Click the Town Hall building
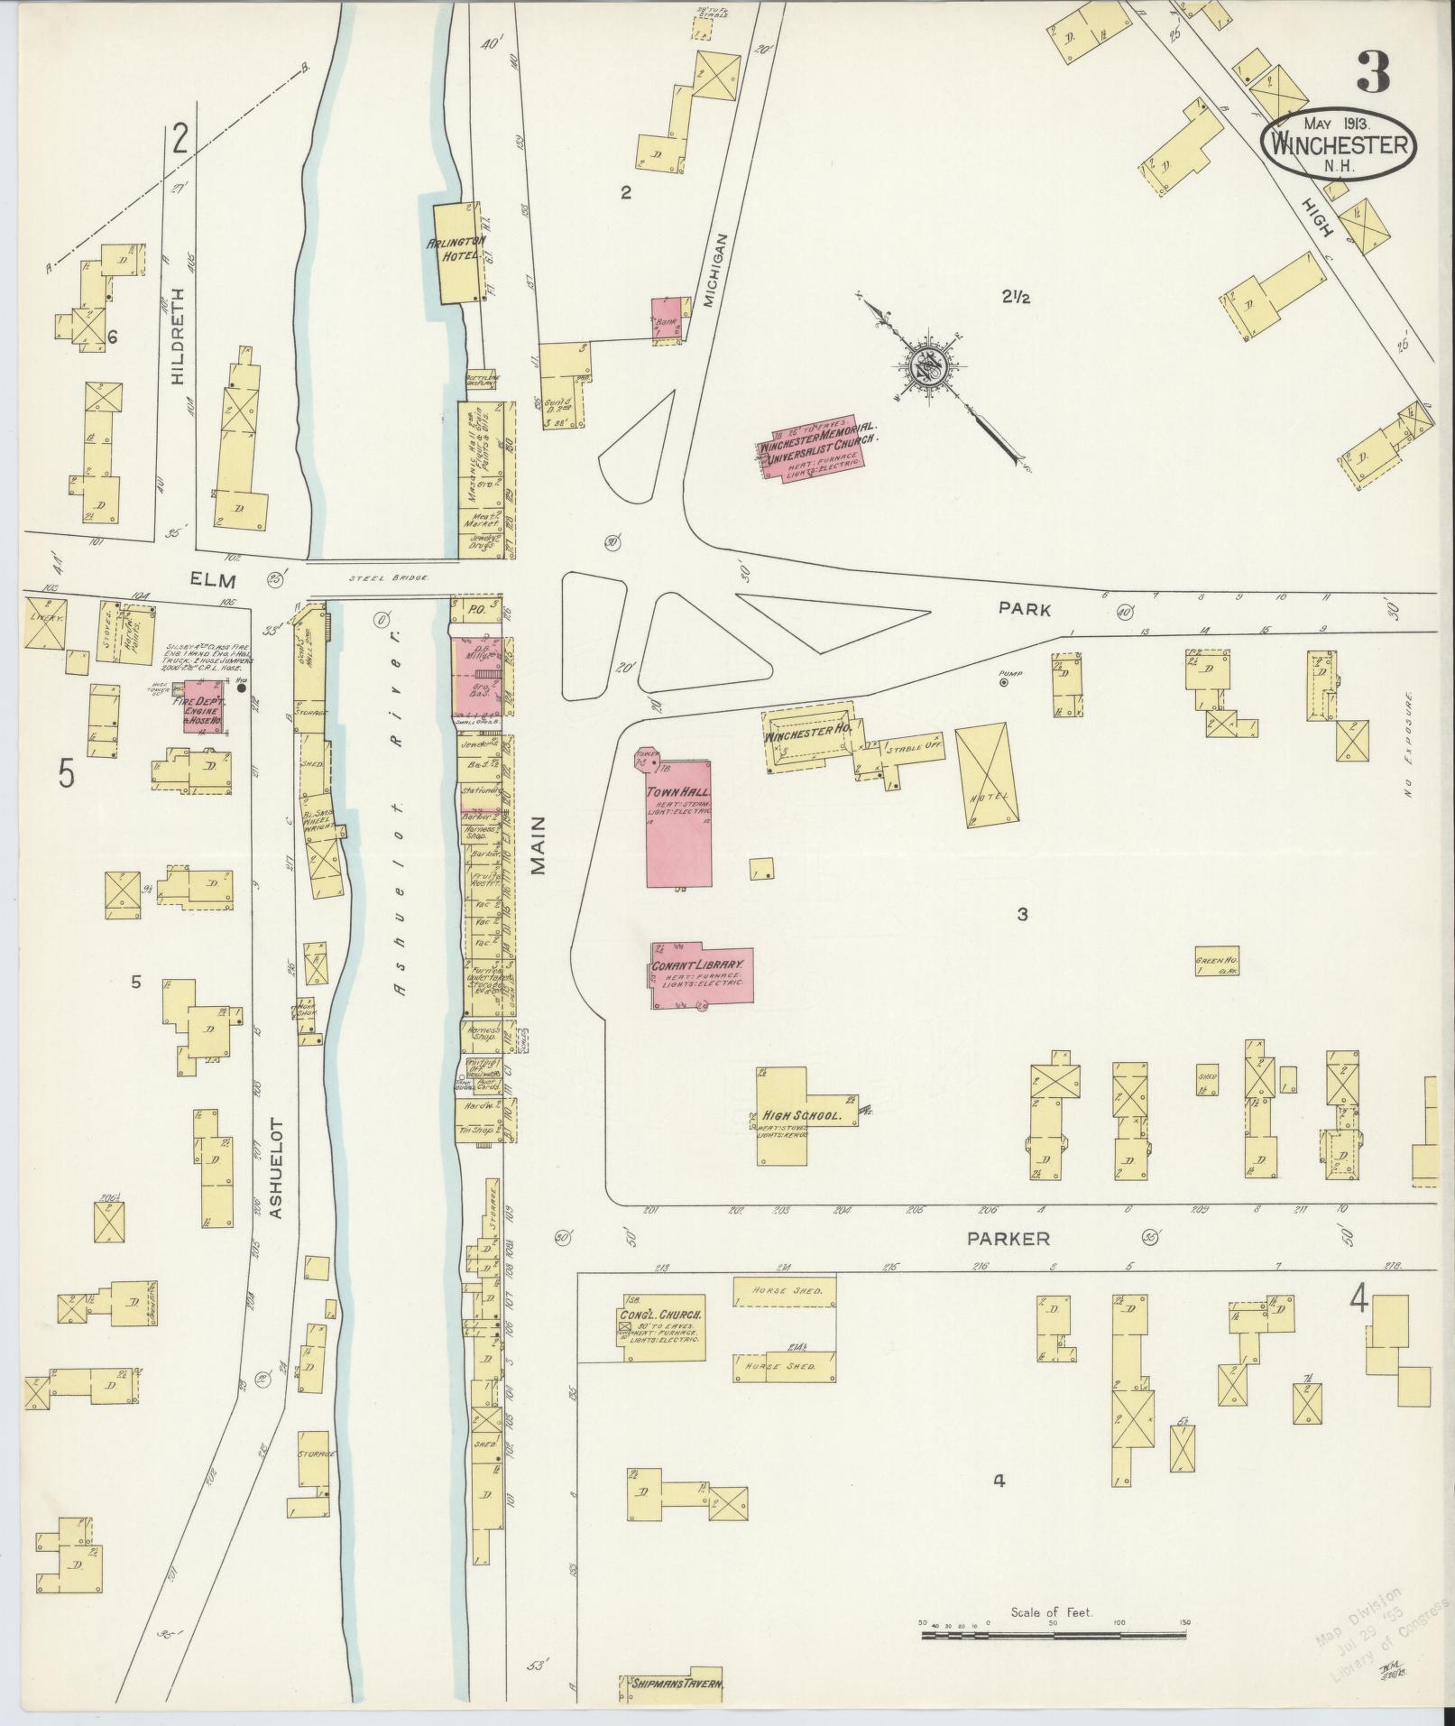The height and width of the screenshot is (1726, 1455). click(678, 824)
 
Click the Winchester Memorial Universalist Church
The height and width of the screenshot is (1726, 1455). click(810, 449)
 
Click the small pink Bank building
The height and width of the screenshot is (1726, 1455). click(668, 318)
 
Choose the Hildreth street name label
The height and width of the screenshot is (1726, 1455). click(177, 337)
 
